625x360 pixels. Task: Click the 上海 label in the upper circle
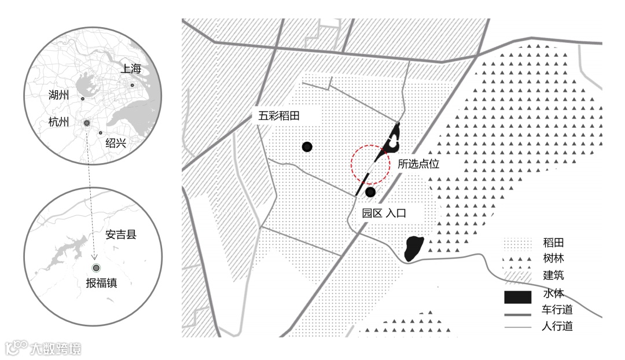(x=131, y=69)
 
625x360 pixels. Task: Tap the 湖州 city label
(x=59, y=95)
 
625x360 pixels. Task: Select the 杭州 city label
(x=59, y=122)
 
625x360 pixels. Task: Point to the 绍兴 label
(x=116, y=143)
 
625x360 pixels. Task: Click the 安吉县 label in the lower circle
(x=124, y=236)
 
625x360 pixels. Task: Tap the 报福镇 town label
(x=101, y=283)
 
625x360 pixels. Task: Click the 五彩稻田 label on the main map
(x=279, y=116)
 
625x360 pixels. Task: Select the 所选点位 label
(x=418, y=164)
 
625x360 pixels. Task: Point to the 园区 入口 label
(x=384, y=213)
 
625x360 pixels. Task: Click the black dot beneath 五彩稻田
(x=307, y=147)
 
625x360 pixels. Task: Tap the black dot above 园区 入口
(x=370, y=192)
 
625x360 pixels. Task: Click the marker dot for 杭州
(x=87, y=123)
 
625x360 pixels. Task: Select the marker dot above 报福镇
(x=96, y=267)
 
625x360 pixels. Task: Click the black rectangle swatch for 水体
(x=517, y=297)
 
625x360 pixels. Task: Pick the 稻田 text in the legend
(x=553, y=243)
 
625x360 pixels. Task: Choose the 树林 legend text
(x=553, y=259)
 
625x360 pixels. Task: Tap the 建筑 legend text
(x=553, y=275)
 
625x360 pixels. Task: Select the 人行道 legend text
(x=557, y=326)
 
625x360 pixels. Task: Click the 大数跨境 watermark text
(x=56, y=348)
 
